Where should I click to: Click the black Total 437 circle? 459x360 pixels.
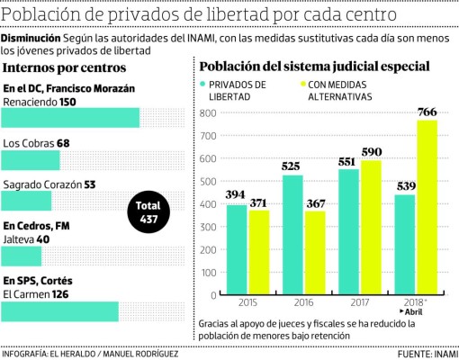[149, 212]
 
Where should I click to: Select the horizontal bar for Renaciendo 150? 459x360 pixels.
[71, 119]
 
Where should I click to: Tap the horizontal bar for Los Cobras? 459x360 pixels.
[31, 160]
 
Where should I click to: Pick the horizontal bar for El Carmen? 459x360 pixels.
[60, 310]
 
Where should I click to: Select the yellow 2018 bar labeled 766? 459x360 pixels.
[426, 207]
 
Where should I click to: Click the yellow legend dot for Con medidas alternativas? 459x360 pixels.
[301, 84]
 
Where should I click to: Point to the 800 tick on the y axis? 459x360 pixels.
[208, 112]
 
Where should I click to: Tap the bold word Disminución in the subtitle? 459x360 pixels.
[31, 40]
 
